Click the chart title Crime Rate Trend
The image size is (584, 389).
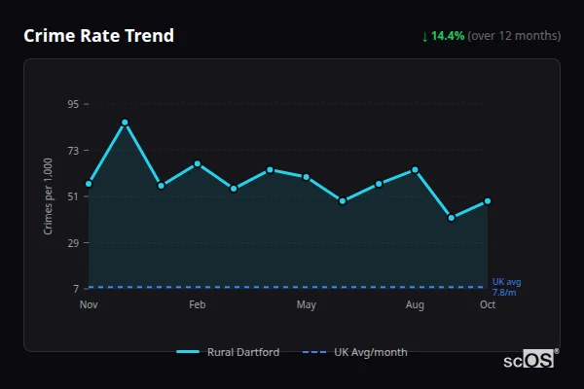(99, 36)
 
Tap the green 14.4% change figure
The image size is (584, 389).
(448, 36)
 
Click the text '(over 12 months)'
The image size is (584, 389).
(514, 36)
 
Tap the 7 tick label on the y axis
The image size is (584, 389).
(75, 289)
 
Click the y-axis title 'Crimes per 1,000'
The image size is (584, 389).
(49, 195)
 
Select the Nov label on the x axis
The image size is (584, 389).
(89, 305)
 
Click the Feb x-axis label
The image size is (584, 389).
(197, 305)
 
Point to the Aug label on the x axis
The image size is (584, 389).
(415, 305)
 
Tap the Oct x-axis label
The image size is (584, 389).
(488, 305)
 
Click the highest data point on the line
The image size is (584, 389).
(125, 123)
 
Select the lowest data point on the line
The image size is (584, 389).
(452, 218)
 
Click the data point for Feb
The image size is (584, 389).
(198, 163)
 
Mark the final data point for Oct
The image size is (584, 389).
(488, 201)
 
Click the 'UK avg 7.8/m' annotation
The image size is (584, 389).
(506, 287)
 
